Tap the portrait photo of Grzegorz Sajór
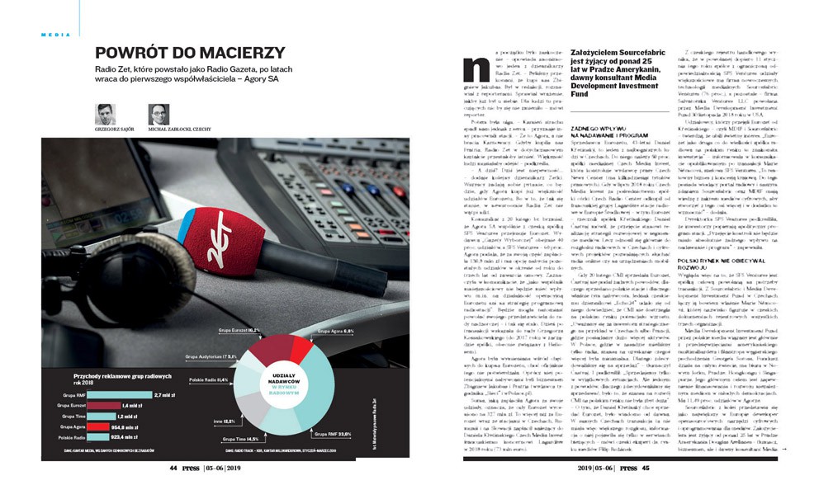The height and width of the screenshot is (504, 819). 105,113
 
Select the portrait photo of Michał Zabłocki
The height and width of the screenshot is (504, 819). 159,113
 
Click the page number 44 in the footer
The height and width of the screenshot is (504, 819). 174,488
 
